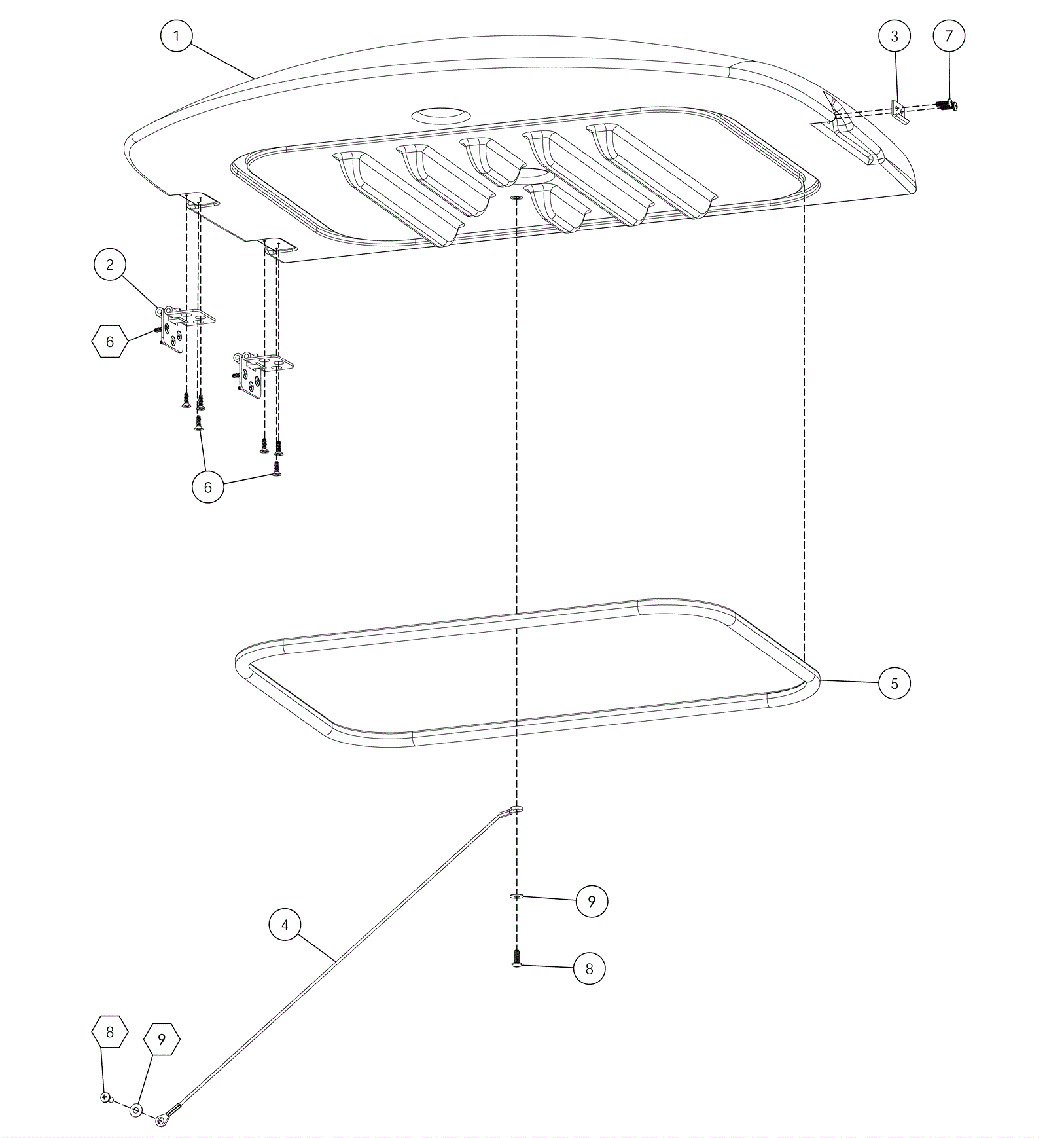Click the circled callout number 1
tap(176, 36)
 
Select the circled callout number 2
tap(110, 265)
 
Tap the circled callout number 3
tap(895, 36)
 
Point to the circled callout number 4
tap(285, 925)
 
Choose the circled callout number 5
tap(895, 683)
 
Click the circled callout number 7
tap(949, 35)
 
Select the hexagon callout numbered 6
tap(110, 341)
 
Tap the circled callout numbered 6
tap(208, 486)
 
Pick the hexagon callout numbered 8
tap(110, 1031)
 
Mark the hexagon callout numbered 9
tap(162, 1038)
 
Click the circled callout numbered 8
tap(589, 968)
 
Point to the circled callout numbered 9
tap(592, 901)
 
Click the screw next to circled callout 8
tap(517, 959)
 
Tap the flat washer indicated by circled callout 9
tap(517, 896)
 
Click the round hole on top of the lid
tap(440, 115)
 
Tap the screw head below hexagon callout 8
tap(105, 1096)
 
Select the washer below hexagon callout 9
tap(136, 1109)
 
